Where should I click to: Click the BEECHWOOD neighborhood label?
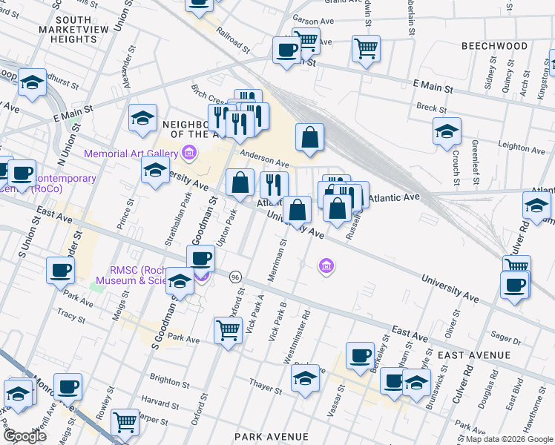coord(494,46)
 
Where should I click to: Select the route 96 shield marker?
coord(234,277)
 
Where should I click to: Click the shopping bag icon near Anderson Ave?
coord(309,137)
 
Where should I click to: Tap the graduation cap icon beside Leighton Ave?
coord(447,131)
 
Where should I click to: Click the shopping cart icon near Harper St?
coord(125,422)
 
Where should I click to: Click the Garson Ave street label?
coord(313,22)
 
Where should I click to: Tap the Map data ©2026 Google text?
coord(509,439)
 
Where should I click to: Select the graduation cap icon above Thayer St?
coord(305,378)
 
